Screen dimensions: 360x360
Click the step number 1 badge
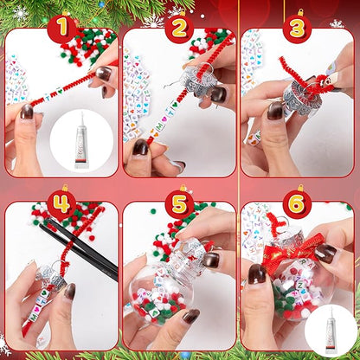(x=61, y=29)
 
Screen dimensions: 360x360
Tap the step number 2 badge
(x=178, y=29)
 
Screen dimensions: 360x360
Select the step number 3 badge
(x=296, y=29)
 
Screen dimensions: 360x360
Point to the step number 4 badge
(x=61, y=204)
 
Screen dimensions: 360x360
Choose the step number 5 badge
(x=178, y=204)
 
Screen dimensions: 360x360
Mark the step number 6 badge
(x=296, y=204)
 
